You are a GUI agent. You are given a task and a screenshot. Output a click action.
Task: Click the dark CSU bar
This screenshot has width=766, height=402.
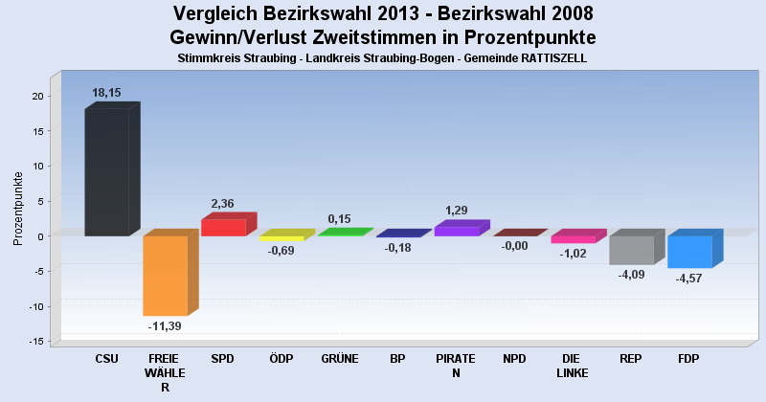[x=106, y=172]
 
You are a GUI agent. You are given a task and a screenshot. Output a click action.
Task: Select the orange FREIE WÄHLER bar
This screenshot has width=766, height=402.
[x=165, y=276]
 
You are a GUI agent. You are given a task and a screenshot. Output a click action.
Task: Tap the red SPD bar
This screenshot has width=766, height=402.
[x=223, y=227]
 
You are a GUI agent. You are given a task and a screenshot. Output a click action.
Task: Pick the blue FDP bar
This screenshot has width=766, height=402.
[x=689, y=252]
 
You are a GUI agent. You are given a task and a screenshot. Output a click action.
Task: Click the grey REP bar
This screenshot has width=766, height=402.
[x=631, y=250]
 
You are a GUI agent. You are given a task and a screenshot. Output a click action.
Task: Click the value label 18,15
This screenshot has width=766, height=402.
[x=106, y=93]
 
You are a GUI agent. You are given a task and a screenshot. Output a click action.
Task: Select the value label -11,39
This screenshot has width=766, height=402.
[x=165, y=325]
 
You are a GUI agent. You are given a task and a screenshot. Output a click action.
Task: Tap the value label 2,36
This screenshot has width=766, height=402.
[x=223, y=204]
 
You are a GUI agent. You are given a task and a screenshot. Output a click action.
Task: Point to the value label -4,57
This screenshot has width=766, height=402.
[x=689, y=279]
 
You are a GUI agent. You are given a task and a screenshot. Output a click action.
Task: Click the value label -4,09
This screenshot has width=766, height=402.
[x=631, y=276]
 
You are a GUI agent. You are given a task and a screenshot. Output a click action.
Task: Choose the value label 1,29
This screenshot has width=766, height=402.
[x=457, y=211]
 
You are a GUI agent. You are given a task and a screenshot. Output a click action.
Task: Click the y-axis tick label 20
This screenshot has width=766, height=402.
[x=36, y=96]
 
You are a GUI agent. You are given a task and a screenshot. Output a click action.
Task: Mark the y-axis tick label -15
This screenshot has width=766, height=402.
[x=34, y=342]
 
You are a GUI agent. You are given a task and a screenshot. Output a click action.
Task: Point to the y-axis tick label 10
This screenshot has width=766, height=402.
[x=36, y=166]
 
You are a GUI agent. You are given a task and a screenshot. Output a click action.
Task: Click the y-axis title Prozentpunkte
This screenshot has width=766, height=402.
[x=18, y=208]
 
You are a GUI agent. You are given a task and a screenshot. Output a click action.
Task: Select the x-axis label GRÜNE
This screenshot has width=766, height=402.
[x=340, y=360]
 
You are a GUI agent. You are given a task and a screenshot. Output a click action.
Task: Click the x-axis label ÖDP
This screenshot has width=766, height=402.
[x=282, y=360]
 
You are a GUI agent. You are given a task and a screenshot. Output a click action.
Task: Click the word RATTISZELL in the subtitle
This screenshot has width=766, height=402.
[x=549, y=58]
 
